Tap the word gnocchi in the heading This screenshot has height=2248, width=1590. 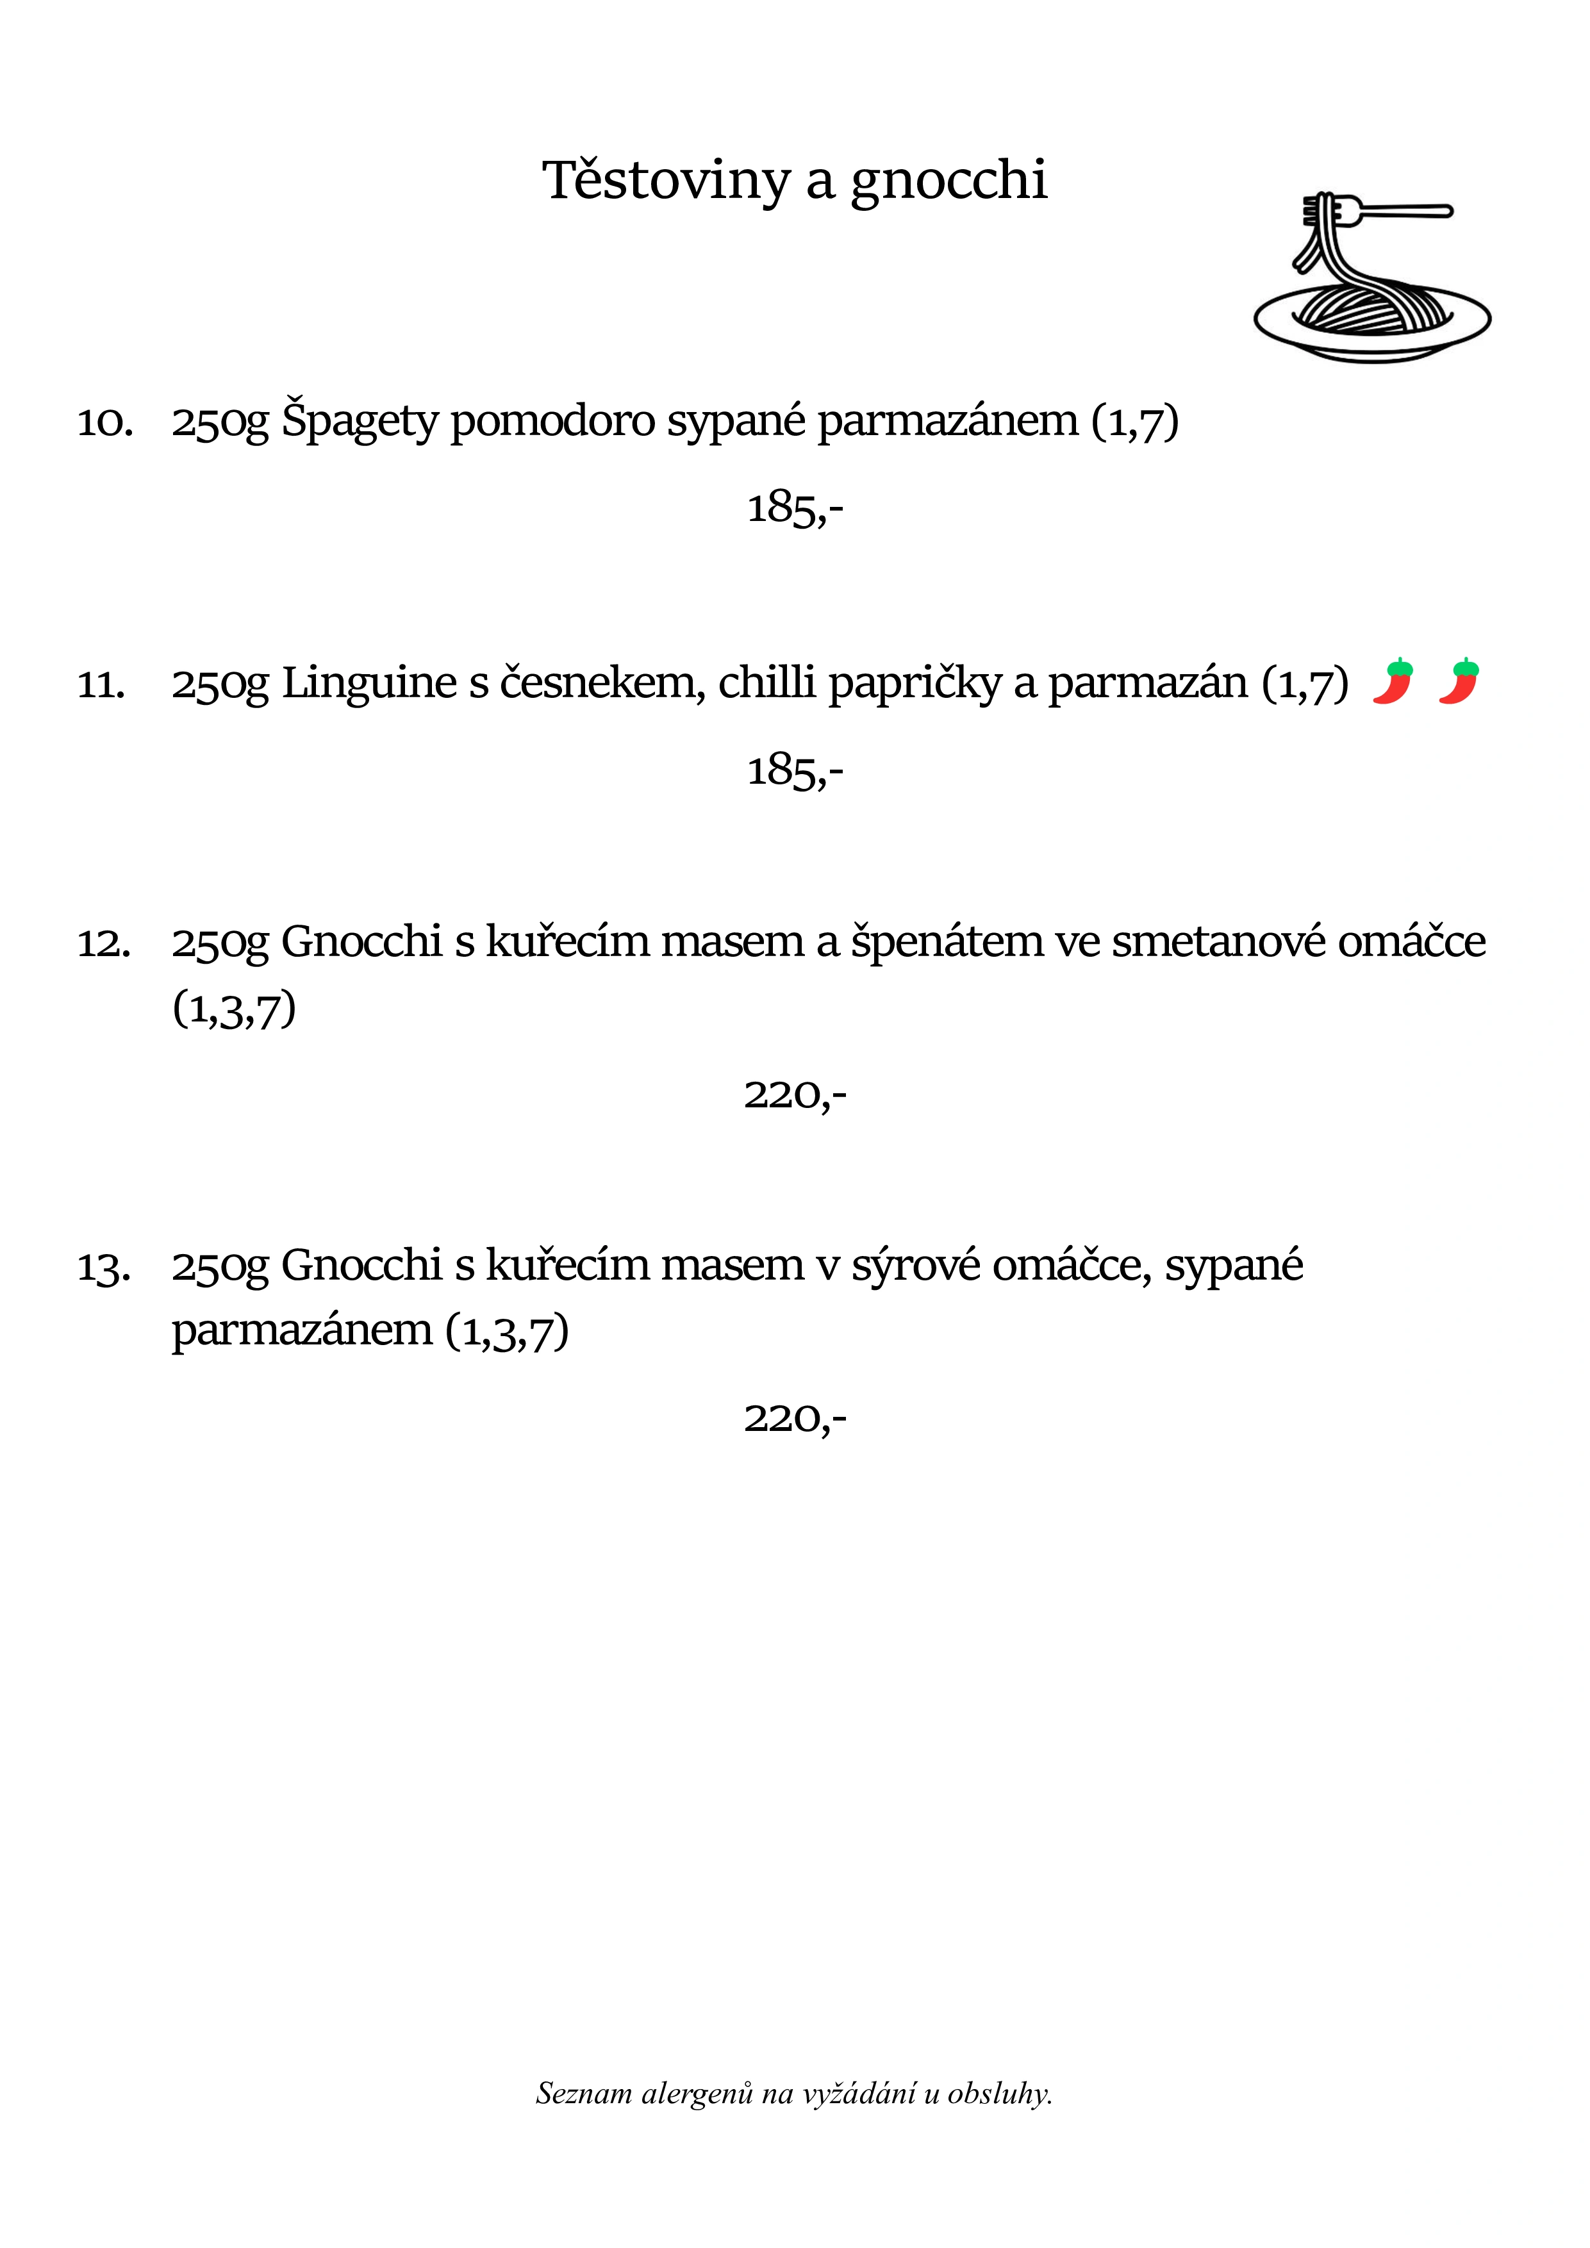[x=948, y=182]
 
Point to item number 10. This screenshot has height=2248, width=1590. [x=104, y=422]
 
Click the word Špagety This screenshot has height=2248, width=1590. [x=360, y=421]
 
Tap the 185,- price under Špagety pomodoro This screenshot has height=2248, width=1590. [x=794, y=508]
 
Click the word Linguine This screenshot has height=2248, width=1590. [x=369, y=682]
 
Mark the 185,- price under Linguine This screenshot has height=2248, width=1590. [x=794, y=770]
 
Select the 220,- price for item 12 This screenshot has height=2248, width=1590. [x=794, y=1095]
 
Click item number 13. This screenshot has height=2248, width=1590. [x=104, y=1267]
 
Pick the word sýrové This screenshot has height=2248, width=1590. [x=915, y=1265]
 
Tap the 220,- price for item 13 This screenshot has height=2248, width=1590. [x=794, y=1417]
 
